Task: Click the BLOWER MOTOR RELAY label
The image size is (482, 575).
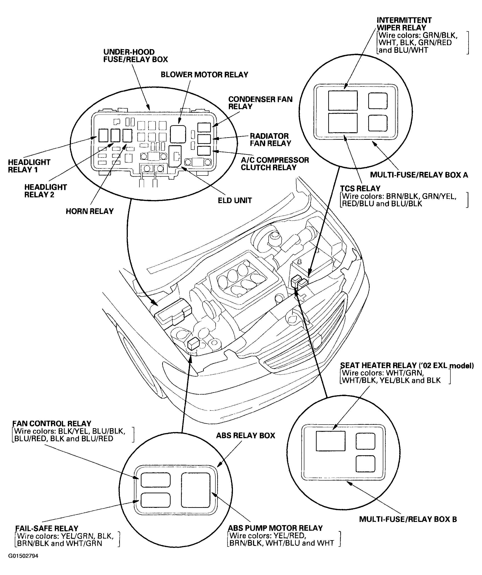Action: tap(204, 75)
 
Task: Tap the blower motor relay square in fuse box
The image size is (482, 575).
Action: tap(178, 134)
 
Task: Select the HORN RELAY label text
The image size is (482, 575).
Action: tap(89, 211)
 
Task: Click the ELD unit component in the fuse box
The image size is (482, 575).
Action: tap(175, 156)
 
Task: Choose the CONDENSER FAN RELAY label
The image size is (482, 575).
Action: tap(260, 103)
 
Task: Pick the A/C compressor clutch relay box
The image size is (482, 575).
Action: tap(204, 151)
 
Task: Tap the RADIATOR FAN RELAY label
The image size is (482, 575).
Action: tap(270, 140)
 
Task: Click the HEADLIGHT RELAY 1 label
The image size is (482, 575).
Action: tap(29, 166)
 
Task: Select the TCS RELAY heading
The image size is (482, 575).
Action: tap(360, 189)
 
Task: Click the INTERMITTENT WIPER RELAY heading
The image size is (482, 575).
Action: tap(404, 24)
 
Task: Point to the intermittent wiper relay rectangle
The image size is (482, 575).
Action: tap(343, 100)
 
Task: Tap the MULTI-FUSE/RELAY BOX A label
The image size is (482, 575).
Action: tap(419, 175)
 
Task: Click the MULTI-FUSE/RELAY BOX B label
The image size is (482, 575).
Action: tap(408, 519)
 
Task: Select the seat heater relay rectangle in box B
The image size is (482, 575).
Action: tap(331, 441)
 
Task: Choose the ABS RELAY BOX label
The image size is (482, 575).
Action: tap(245, 436)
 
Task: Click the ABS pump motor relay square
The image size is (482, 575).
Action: tap(196, 490)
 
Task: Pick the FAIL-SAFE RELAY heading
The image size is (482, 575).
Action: tap(46, 529)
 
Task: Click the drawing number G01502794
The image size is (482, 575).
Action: tap(23, 556)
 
